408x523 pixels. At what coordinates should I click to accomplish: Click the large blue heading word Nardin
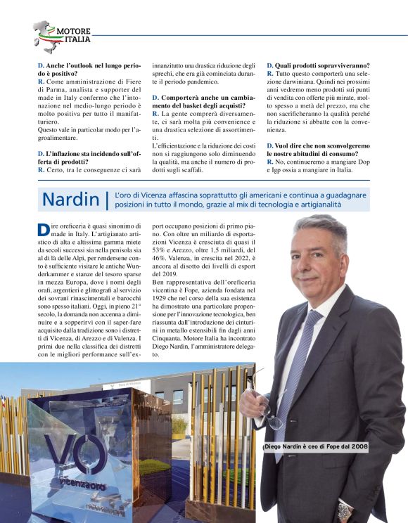click(x=70, y=199)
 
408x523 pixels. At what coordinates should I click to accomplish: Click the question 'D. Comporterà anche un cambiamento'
click(x=204, y=101)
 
